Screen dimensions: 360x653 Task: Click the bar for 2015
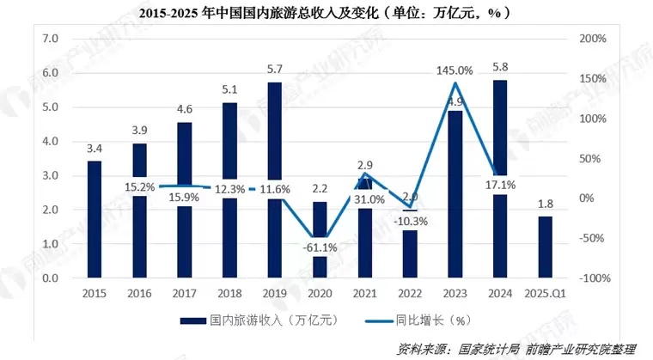coord(95,219)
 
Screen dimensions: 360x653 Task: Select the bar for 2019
coord(274,180)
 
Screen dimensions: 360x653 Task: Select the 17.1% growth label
coord(499,185)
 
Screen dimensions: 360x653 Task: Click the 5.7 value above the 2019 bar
coord(274,68)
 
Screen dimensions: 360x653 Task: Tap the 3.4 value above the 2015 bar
coord(95,147)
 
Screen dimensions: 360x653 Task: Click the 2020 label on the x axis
coord(319,294)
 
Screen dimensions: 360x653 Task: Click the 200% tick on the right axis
coord(592,39)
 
